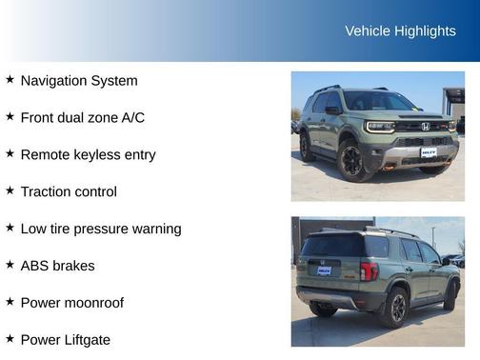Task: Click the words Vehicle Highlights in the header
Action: [400, 30]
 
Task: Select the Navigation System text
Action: [79, 81]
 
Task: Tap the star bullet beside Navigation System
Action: [10, 80]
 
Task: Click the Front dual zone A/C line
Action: [83, 118]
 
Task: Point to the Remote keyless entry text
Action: [88, 154]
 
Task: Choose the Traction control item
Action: [69, 191]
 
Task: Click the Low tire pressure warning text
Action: [101, 229]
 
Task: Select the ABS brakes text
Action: [58, 266]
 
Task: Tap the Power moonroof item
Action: [72, 303]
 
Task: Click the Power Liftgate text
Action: [66, 340]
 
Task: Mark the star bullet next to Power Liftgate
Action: [10, 339]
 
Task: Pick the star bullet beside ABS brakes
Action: [10, 265]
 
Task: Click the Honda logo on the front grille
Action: [425, 126]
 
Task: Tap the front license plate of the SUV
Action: [430, 150]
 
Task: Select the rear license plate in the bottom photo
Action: [324, 270]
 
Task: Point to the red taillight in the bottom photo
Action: [369, 270]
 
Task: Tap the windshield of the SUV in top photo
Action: [378, 102]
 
